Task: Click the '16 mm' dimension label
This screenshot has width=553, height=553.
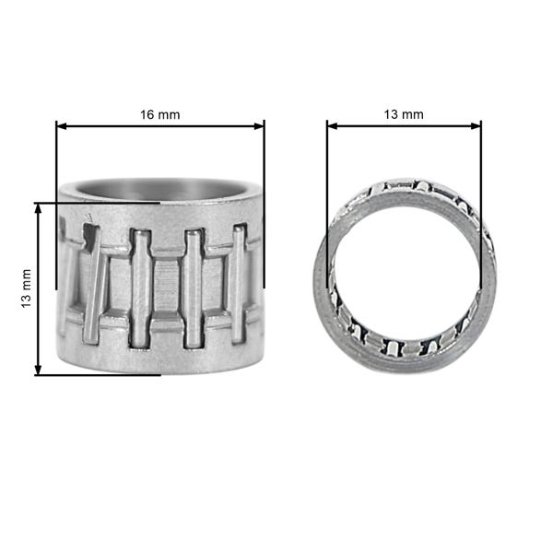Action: click(159, 114)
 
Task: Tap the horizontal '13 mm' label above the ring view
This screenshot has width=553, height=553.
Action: click(403, 114)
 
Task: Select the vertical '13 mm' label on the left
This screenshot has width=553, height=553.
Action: click(26, 288)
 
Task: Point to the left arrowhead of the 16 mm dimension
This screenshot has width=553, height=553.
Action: click(61, 125)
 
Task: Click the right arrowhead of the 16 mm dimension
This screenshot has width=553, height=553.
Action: click(260, 125)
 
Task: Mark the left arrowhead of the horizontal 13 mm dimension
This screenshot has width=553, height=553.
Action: click(331, 125)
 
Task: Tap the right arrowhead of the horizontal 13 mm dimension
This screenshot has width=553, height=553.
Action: click(477, 125)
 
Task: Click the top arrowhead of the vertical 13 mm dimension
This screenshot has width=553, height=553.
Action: click(38, 208)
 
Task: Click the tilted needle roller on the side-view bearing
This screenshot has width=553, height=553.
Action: click(92, 276)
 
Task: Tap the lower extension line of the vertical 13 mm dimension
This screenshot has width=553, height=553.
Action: click(101, 374)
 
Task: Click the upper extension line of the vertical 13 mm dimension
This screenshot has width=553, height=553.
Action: click(92, 203)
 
